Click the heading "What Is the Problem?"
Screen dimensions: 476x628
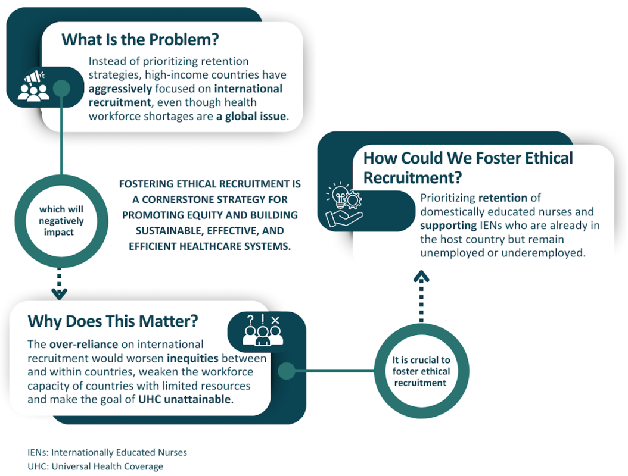pyautogui.click(x=141, y=40)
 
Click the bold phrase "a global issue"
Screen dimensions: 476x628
pyautogui.click(x=252, y=116)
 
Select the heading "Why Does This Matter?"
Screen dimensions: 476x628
pyautogui.click(x=113, y=321)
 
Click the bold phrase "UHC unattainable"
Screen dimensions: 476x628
pyautogui.click(x=184, y=399)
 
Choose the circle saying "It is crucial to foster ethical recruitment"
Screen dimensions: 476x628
pyautogui.click(x=421, y=372)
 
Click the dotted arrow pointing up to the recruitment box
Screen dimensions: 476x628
pyautogui.click(x=421, y=295)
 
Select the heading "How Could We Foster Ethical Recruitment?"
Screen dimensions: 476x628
pyautogui.click(x=468, y=168)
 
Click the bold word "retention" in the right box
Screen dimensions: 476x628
pyautogui.click(x=502, y=198)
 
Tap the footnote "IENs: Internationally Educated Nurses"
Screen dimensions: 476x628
pyautogui.click(x=107, y=452)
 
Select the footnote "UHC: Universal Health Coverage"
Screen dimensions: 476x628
pyautogui.click(x=95, y=466)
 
